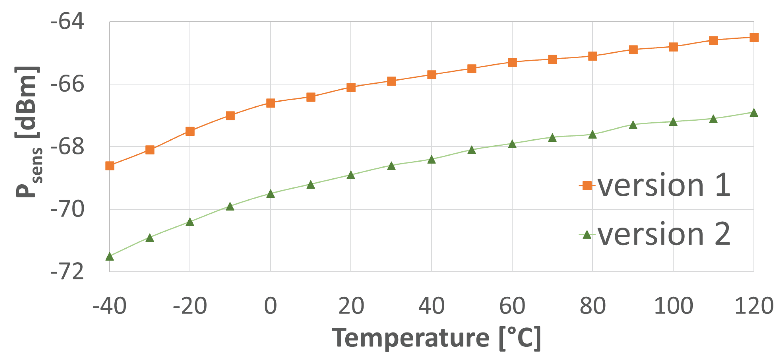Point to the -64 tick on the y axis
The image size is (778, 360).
point(67,22)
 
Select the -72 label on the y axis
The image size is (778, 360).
point(67,272)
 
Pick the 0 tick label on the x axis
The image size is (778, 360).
point(270,306)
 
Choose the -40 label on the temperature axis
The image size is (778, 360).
point(109,306)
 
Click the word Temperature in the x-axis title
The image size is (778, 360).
point(410,338)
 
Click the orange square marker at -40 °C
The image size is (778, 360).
point(110,166)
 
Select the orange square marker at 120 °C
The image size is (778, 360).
point(754,38)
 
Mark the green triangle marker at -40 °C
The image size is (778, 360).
point(110,257)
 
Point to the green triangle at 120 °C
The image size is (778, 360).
point(754,113)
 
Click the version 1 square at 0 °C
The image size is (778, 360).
point(271,103)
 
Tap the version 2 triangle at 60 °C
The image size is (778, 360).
point(512,144)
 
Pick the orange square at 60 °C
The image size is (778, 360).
point(512,63)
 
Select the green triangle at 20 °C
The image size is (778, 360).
point(351,175)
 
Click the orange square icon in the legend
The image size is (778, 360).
point(587,185)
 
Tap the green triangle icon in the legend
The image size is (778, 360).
point(587,235)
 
